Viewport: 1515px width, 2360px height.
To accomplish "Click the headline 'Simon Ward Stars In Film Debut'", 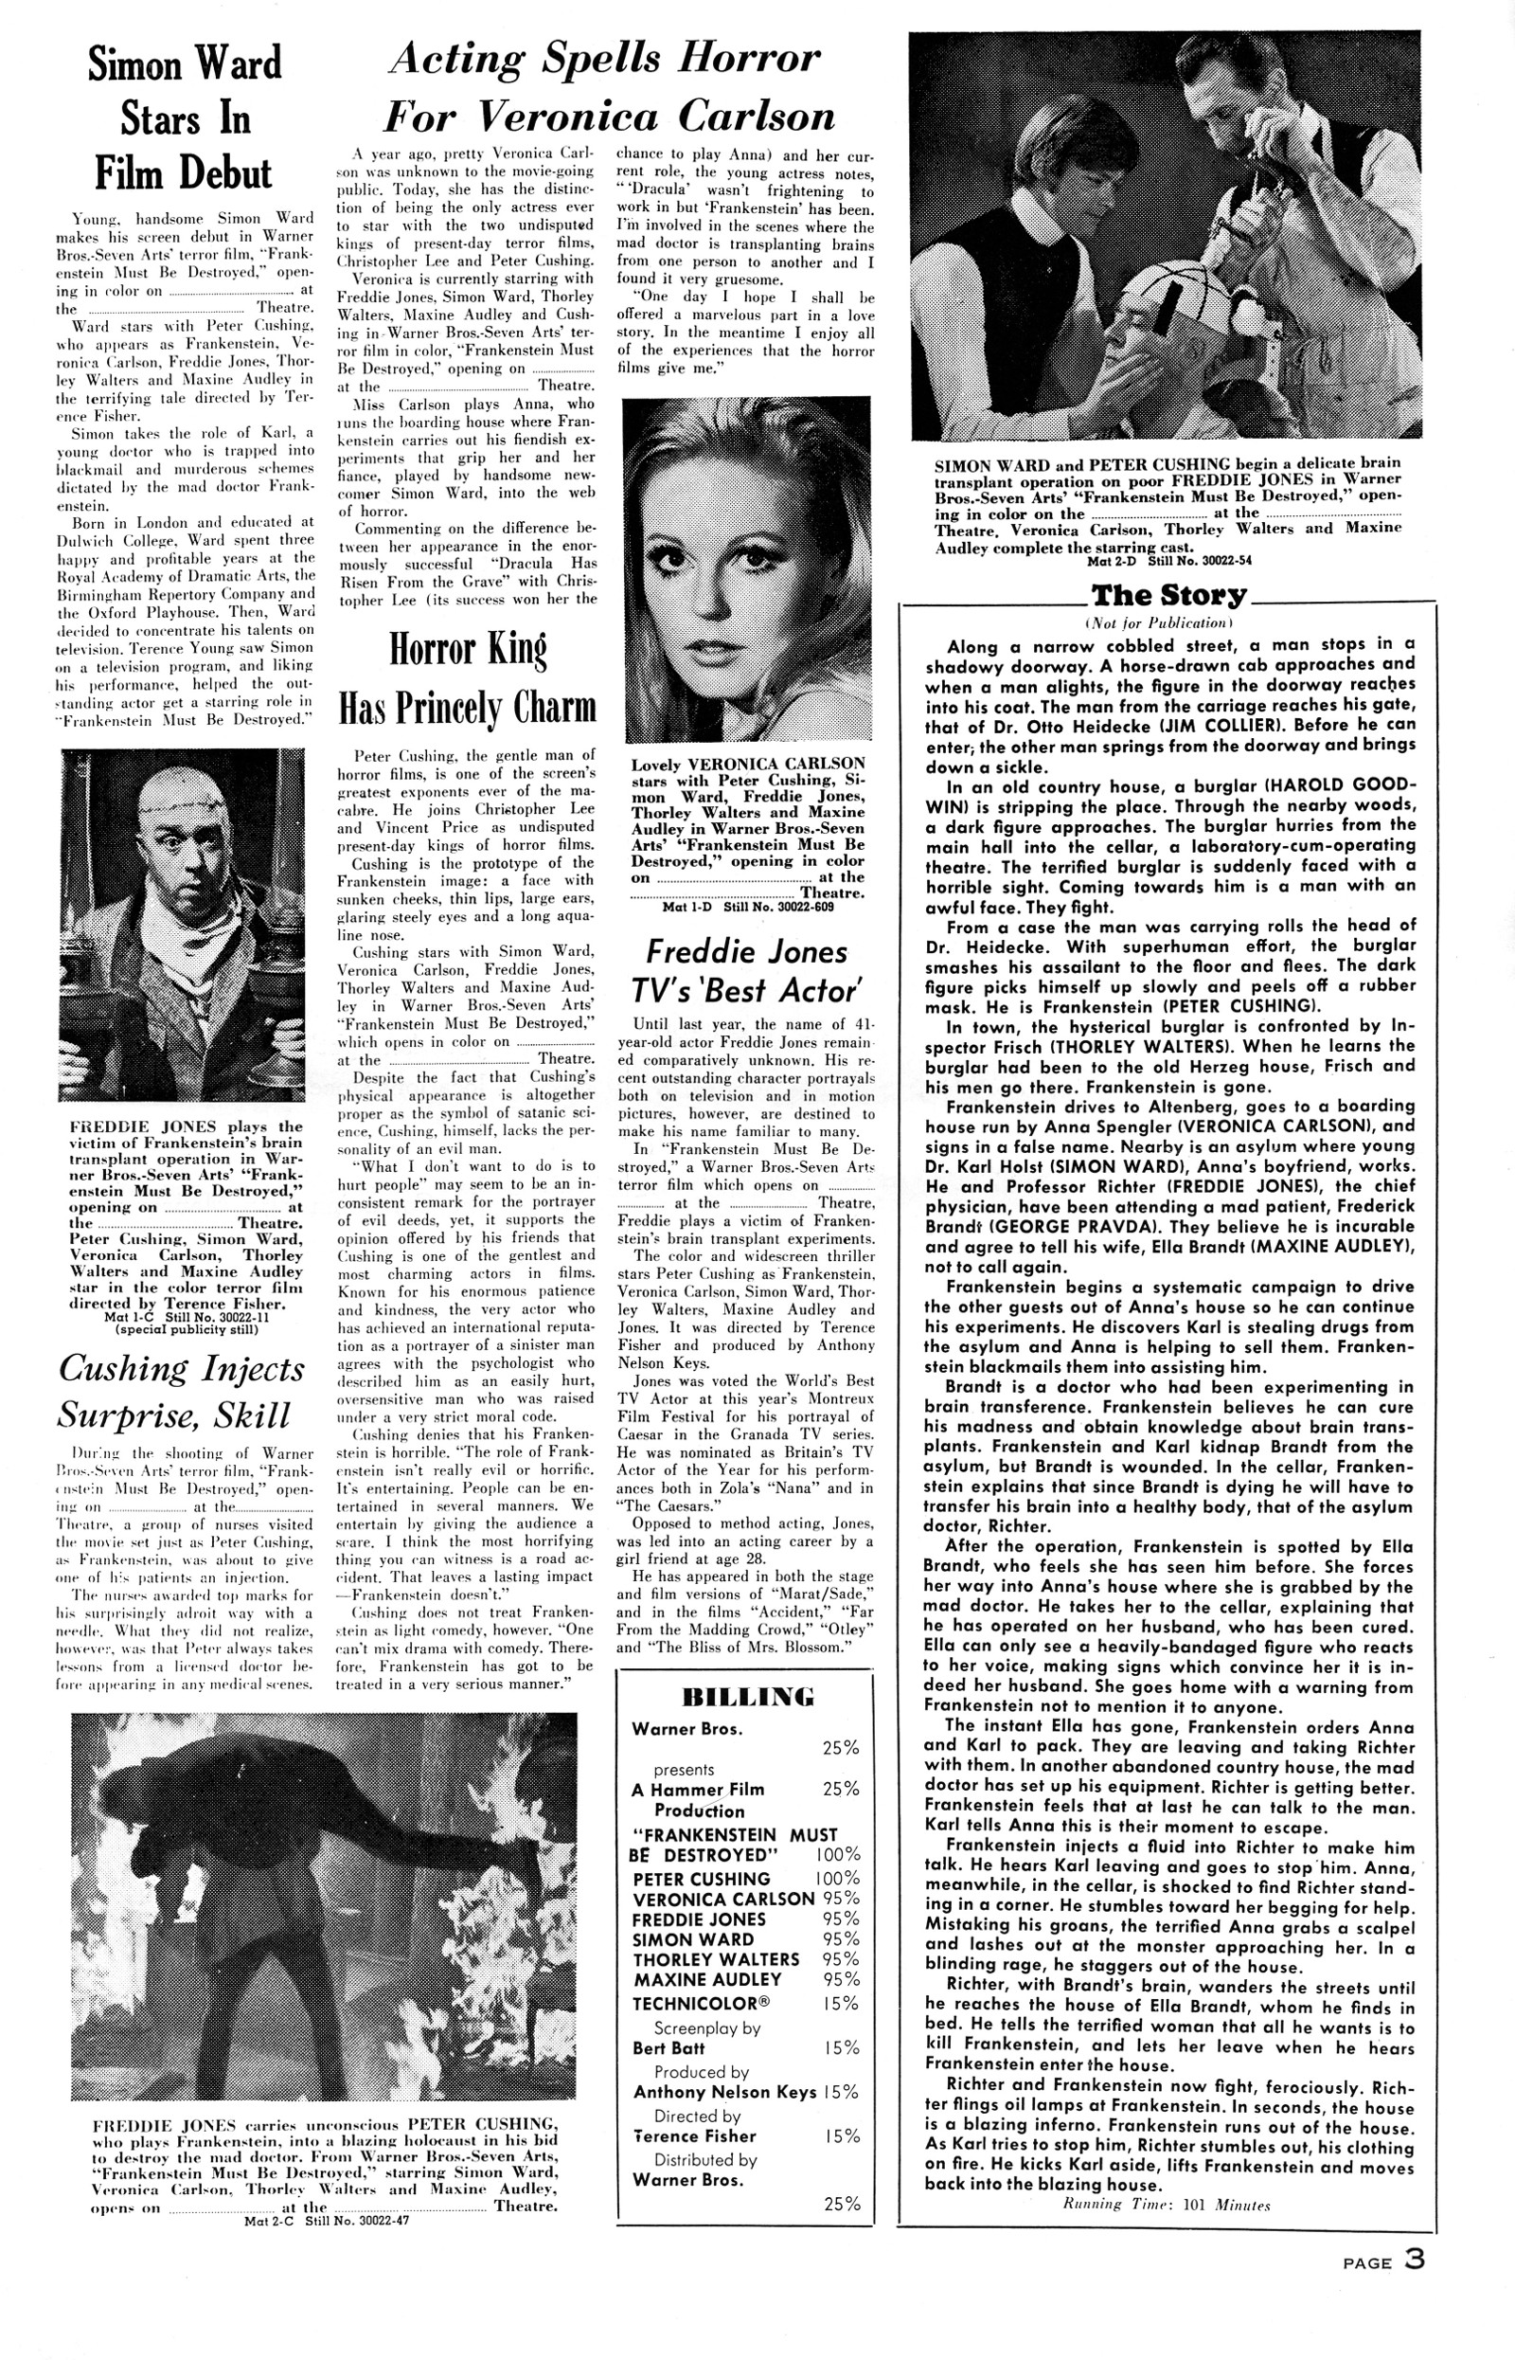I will [184, 119].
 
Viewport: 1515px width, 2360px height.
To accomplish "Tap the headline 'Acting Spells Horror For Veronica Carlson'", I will [606, 88].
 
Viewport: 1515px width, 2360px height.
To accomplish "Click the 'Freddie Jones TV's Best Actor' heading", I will [747, 970].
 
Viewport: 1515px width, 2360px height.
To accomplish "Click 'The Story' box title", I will [1167, 597].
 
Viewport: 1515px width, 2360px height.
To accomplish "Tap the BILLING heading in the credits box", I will [747, 1696].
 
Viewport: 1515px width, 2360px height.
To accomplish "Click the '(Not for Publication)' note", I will [1158, 623].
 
